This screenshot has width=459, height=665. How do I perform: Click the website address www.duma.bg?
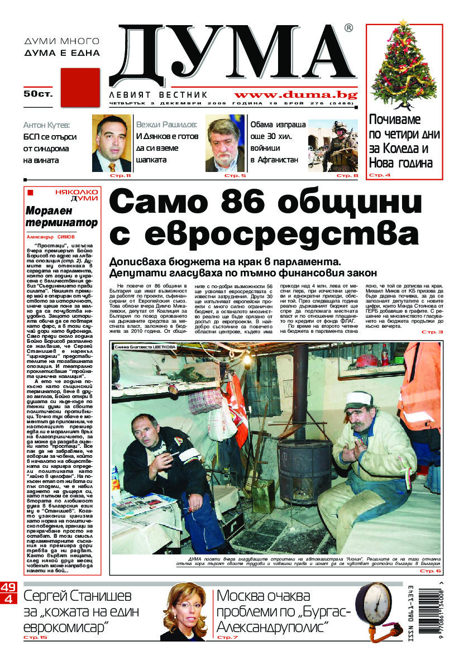point(295,95)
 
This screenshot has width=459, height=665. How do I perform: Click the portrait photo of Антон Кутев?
point(111,143)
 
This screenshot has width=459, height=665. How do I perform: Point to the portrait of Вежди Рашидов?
point(225,143)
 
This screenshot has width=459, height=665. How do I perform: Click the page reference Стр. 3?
point(432,332)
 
